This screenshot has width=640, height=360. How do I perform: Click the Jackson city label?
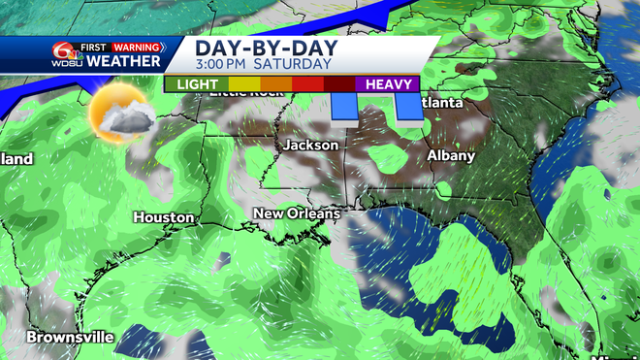point(311,146)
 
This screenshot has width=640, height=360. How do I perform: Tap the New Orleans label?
point(297,213)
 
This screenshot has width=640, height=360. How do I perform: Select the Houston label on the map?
point(164,217)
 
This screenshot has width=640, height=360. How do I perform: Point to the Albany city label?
point(451,155)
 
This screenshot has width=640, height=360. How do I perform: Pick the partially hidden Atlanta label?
point(441,103)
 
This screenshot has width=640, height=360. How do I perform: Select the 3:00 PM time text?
point(222,64)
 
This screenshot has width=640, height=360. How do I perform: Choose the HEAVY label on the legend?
point(389,84)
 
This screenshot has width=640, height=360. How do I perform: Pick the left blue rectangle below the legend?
point(342,108)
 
